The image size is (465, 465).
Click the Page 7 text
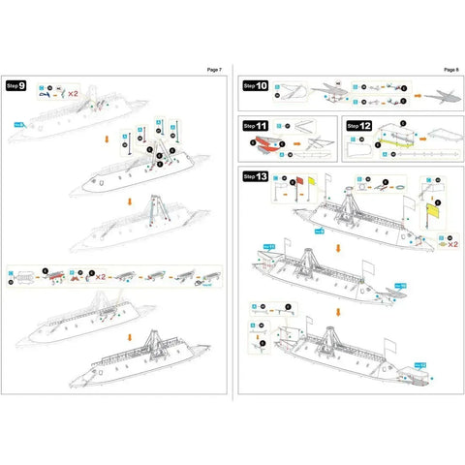point(214,71)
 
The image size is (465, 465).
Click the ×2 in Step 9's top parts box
point(73,94)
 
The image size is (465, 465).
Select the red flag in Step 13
point(299,180)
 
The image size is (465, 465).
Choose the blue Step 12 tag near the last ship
point(418,363)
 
